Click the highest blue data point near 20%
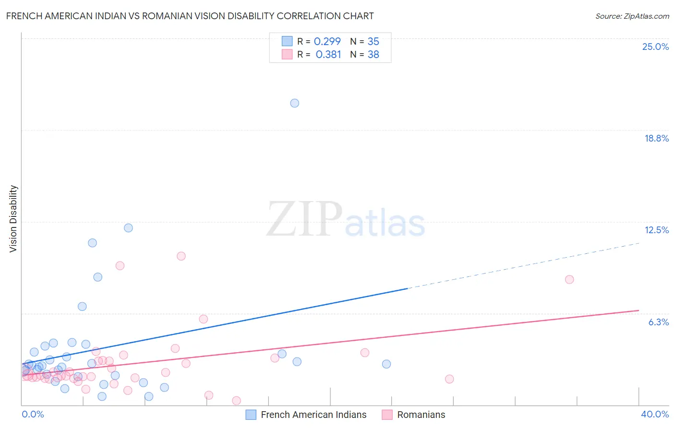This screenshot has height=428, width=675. click(x=295, y=103)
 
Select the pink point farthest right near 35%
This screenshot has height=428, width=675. click(x=569, y=279)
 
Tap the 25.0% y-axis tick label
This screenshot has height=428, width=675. click(x=655, y=47)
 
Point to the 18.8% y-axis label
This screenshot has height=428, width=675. click(x=656, y=138)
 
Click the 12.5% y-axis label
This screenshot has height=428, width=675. click(x=656, y=230)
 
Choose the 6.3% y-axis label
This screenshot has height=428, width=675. click(x=658, y=322)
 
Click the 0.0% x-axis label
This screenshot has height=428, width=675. click(x=33, y=414)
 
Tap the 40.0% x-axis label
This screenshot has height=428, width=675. click(x=654, y=414)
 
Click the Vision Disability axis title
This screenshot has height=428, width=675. click(x=13, y=218)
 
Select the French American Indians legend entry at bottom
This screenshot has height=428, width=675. click(x=313, y=415)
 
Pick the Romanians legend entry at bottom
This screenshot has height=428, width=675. click(x=421, y=415)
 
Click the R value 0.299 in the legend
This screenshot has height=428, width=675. click(x=327, y=41)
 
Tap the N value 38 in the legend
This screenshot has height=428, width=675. click(x=373, y=55)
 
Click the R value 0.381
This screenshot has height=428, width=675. click(x=328, y=55)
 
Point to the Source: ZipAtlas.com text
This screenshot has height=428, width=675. click(x=632, y=16)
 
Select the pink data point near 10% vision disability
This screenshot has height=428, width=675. click(x=181, y=256)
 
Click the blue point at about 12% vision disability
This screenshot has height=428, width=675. click(x=128, y=228)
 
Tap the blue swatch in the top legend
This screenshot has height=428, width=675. click(x=287, y=41)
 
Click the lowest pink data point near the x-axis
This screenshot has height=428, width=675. click(x=236, y=400)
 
